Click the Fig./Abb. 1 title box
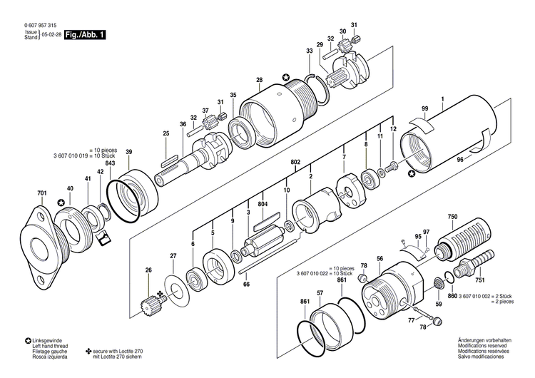point(85,34)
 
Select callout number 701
point(42,193)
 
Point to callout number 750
point(452,216)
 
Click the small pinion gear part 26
point(151,307)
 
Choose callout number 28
point(259,80)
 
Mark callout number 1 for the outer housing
point(442,98)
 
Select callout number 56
point(380,258)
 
